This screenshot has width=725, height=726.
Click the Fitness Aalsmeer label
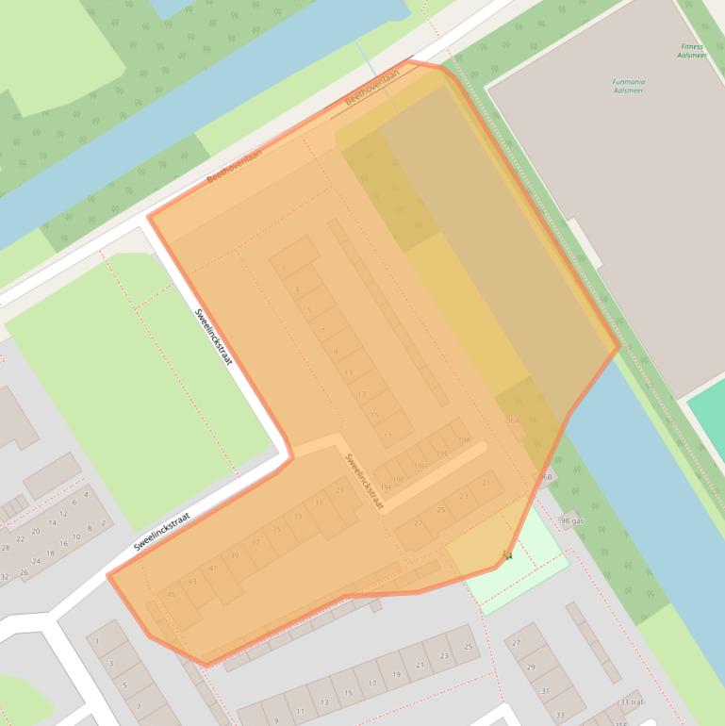click(x=691, y=51)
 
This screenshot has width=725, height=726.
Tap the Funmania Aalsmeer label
click(x=628, y=86)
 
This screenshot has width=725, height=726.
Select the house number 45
click(x=172, y=595)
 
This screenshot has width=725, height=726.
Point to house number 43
click(x=192, y=582)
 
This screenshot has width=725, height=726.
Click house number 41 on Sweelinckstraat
click(x=213, y=568)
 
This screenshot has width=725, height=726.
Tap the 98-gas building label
click(x=571, y=520)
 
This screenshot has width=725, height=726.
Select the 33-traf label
click(x=632, y=702)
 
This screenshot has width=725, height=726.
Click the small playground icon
click(x=508, y=555)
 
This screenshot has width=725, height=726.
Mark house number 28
click(x=6, y=547)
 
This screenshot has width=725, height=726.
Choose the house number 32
click(x=5, y=576)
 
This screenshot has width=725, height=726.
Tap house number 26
click(x=24, y=571)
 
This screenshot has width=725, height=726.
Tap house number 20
click(x=37, y=531)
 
